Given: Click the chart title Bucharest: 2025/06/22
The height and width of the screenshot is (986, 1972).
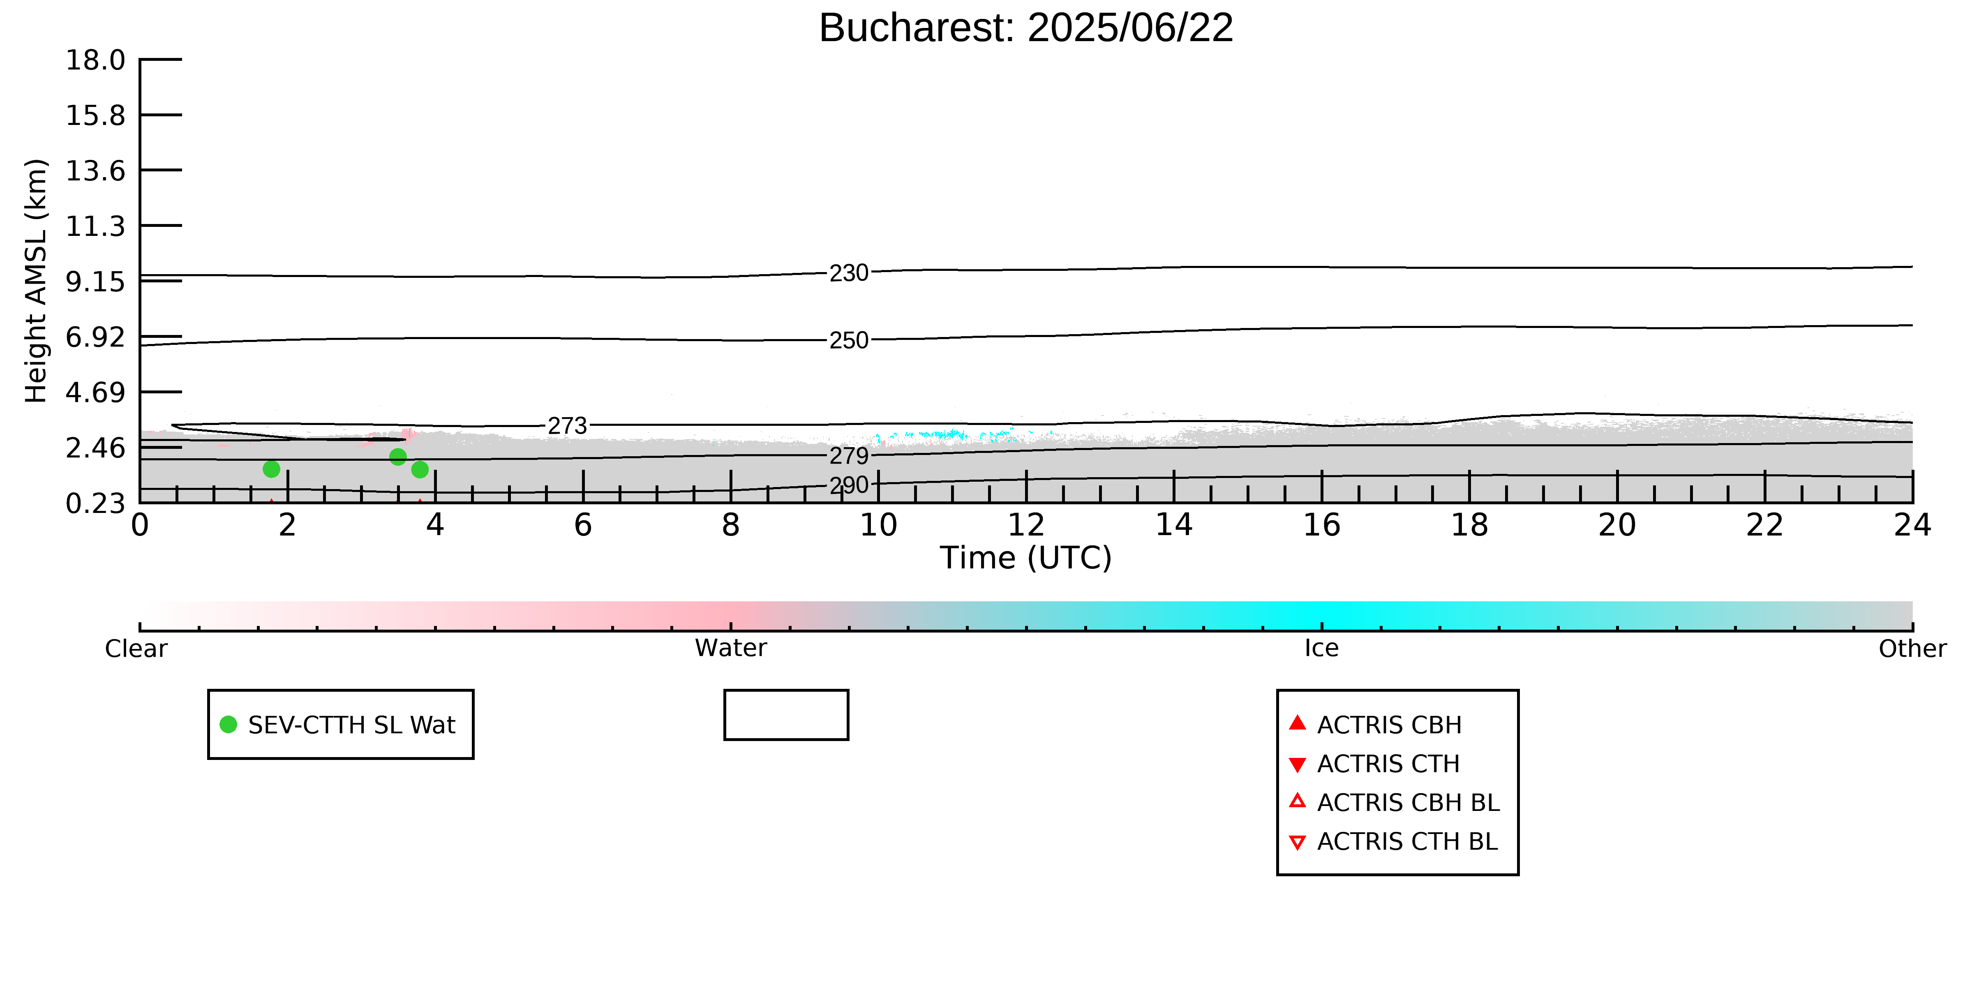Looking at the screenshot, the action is pos(1026,28).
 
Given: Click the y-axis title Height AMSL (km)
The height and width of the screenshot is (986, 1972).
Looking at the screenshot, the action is pos(36,281).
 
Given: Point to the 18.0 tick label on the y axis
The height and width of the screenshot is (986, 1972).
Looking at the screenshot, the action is pos(95,60).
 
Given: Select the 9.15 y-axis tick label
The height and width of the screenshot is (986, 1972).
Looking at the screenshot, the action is pos(95,282).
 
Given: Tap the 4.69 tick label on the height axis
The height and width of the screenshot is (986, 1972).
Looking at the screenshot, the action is pos(95,392).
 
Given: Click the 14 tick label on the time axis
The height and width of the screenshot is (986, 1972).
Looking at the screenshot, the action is pos(1173,525).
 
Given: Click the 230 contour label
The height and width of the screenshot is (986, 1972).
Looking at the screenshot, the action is pos(849,273).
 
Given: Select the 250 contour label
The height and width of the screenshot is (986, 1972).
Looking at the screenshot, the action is pos(849,340).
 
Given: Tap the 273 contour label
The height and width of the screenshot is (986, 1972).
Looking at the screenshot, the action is pos(567,426).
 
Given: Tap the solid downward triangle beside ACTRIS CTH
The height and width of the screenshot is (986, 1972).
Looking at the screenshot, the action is pos(1297,764).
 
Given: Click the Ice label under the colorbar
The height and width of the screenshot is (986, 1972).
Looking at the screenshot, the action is pos(1321,649).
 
